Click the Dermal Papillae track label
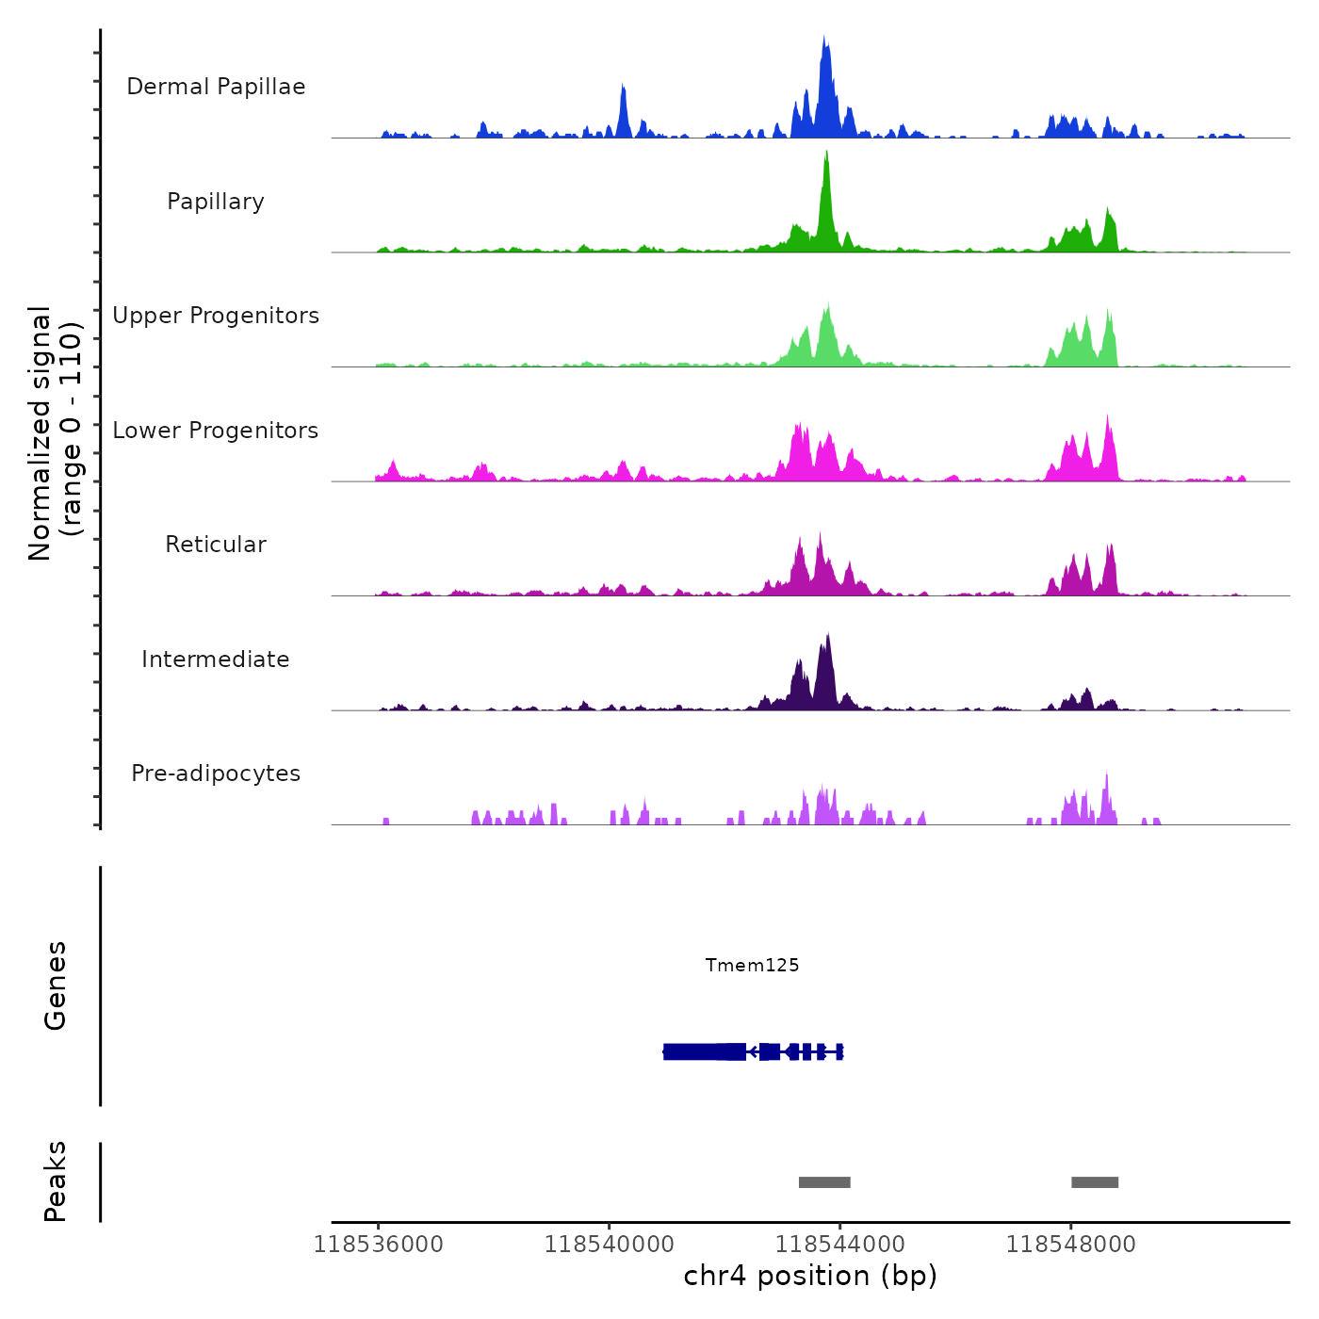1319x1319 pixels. (x=216, y=87)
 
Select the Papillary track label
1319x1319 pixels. (x=216, y=202)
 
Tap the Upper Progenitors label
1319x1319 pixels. (x=216, y=316)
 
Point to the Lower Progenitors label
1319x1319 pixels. (x=216, y=431)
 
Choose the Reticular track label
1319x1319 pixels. (x=216, y=545)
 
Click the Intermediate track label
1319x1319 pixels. (x=216, y=659)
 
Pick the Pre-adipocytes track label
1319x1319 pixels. (x=216, y=773)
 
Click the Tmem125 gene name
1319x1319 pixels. (x=752, y=965)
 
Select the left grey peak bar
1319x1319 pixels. (x=824, y=1182)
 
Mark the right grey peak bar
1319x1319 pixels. (x=1095, y=1182)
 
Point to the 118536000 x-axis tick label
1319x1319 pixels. (x=378, y=1245)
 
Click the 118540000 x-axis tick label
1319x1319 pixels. (x=609, y=1245)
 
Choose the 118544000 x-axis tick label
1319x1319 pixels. (x=839, y=1245)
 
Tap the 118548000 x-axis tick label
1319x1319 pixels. (x=1070, y=1245)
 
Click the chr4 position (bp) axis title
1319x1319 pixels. (x=810, y=1276)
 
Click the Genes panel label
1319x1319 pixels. (x=56, y=985)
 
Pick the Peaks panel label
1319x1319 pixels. (x=56, y=1181)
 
